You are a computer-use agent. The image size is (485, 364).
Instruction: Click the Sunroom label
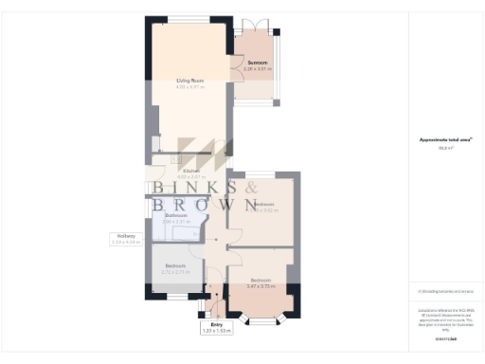257,63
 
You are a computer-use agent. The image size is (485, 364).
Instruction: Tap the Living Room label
189,82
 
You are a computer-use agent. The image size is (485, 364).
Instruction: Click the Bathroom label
177,215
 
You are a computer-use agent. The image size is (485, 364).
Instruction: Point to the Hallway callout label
125,236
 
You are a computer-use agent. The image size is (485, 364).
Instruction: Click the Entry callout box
217,327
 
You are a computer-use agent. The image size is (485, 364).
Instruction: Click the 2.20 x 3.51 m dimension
257,69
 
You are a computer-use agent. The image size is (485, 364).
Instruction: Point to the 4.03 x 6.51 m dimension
189,88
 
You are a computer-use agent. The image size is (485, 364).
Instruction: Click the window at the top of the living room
189,20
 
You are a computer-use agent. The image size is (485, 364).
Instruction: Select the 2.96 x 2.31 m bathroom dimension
177,222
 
